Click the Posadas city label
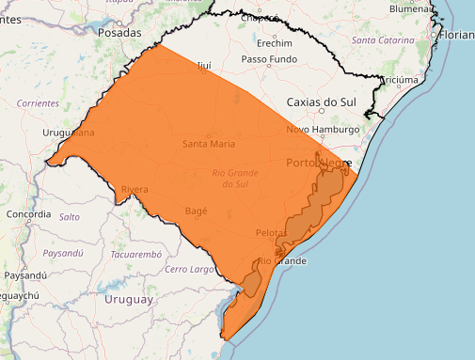tap(119, 31)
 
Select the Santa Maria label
tap(209, 144)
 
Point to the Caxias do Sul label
tap(323, 100)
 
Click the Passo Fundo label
tap(269, 59)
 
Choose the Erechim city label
tap(274, 43)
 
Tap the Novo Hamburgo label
tap(323, 129)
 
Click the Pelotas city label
tap(271, 232)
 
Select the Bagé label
tap(197, 211)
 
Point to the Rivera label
tap(134, 190)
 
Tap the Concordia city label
tap(27, 214)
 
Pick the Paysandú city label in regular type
tap(24, 275)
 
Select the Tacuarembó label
tap(136, 255)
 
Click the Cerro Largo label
tap(189, 270)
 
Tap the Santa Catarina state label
tap(382, 41)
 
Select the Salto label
tap(70, 216)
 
